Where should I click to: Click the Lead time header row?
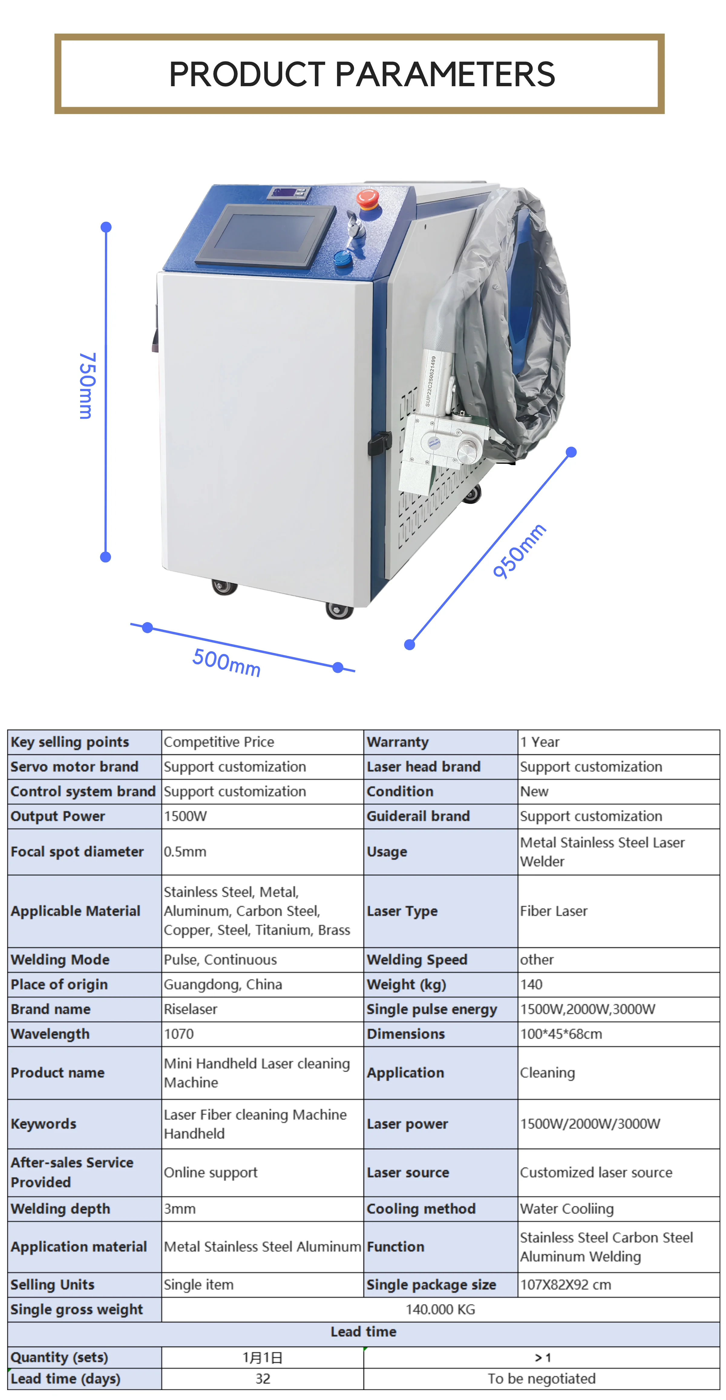click(x=364, y=1332)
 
